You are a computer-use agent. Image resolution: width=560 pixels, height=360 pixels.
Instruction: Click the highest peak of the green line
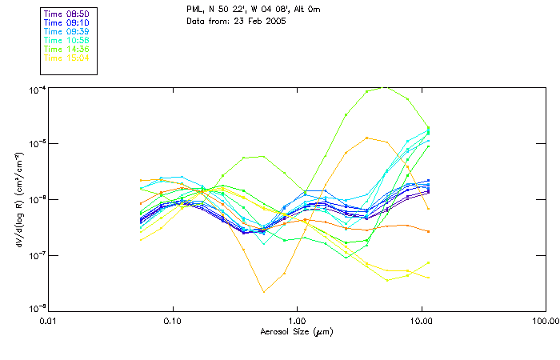click(387, 87)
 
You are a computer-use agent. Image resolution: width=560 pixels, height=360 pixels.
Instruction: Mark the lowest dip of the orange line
click(264, 292)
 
